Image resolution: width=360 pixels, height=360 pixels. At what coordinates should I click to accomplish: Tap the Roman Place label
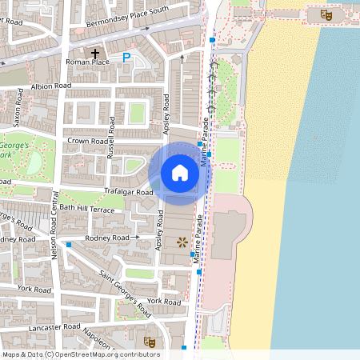(86, 62)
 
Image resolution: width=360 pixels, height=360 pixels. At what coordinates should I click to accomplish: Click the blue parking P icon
(126, 57)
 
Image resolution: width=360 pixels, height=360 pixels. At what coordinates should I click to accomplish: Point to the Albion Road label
(50, 86)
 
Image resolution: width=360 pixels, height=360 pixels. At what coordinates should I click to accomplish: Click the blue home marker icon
(180, 172)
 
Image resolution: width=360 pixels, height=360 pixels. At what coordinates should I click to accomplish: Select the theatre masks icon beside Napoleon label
(126, 329)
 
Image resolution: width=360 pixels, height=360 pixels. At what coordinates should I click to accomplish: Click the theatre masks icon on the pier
(326, 14)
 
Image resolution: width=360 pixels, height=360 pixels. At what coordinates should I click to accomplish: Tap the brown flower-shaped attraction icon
(182, 241)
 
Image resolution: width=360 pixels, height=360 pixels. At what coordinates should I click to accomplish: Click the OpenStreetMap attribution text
(80, 354)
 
